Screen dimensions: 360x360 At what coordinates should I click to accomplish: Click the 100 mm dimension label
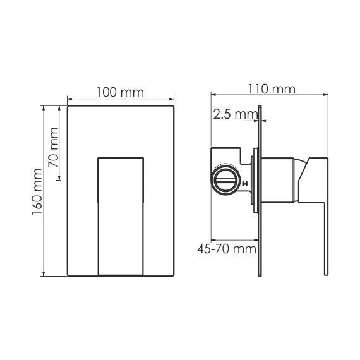120,92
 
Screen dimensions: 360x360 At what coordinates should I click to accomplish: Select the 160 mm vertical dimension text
37,192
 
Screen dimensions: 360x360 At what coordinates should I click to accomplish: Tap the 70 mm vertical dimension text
53,147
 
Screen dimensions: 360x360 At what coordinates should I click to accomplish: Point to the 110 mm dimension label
272,89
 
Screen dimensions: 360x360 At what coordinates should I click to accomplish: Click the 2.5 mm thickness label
236,114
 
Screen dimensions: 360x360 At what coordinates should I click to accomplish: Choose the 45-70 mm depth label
227,249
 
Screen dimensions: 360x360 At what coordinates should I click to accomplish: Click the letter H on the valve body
245,184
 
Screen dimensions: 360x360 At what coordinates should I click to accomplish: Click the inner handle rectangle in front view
121,216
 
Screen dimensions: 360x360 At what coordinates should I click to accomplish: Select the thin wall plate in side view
260,191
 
